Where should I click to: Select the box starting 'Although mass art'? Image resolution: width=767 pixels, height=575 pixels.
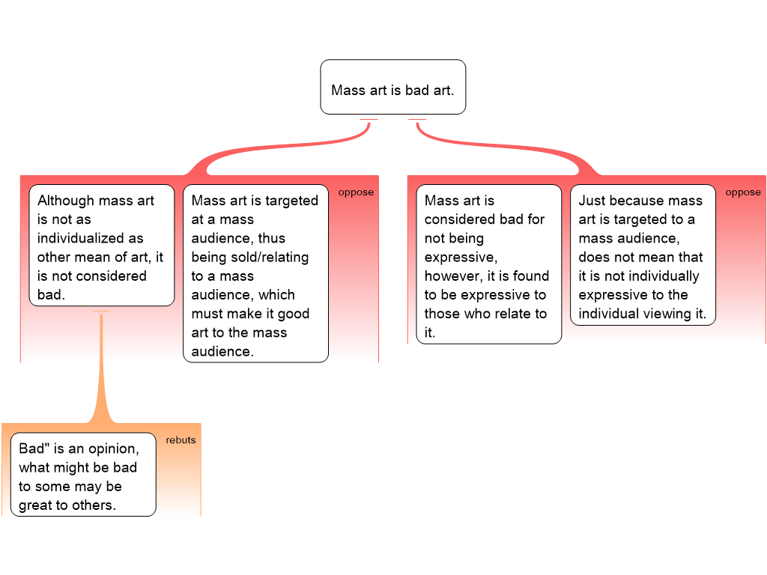(101, 247)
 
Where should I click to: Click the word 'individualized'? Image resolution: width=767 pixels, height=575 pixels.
(91, 238)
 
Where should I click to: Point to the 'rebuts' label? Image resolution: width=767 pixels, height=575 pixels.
(181, 440)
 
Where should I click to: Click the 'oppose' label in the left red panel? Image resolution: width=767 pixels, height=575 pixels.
(356, 192)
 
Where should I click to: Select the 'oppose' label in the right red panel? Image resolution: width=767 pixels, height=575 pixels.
(743, 192)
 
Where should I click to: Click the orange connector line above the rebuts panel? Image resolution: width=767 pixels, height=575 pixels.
(101, 367)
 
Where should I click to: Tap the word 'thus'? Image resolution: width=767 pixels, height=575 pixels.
(294, 238)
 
